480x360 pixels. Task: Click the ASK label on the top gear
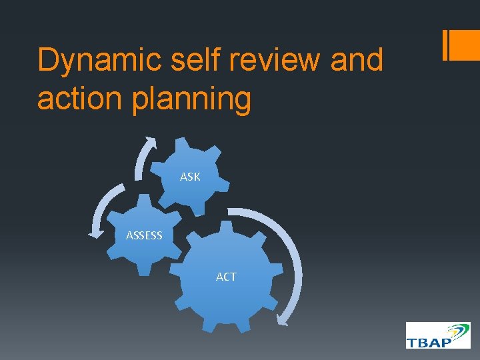pyautogui.click(x=190, y=177)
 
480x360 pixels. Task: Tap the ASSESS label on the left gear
pyautogui.click(x=144, y=235)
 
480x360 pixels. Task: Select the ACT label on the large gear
pyautogui.click(x=226, y=277)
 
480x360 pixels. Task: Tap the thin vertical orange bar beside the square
pyautogui.click(x=445, y=45)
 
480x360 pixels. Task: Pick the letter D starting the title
pyautogui.click(x=48, y=61)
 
